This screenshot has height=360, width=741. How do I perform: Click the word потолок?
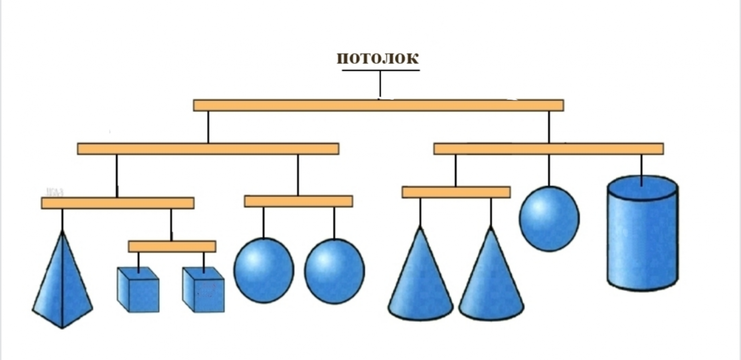tap(378, 58)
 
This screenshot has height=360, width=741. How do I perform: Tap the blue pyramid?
tap(62, 281)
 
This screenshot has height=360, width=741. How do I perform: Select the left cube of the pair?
tap(138, 291)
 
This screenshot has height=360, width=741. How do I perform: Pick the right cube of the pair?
tap(203, 291)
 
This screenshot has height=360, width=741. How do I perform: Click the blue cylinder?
tap(643, 241)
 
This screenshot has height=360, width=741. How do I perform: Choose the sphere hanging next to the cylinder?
tap(549, 219)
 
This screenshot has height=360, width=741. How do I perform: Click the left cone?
tap(421, 281)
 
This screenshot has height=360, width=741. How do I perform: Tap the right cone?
tap(491, 281)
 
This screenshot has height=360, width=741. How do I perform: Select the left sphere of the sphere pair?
tap(263, 270)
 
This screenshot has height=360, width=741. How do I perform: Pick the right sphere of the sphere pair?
tap(334, 271)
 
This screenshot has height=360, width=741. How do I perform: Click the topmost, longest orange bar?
tap(378, 105)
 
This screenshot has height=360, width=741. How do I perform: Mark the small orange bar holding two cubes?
tap(172, 246)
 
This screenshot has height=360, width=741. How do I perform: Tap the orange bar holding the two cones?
tap(456, 192)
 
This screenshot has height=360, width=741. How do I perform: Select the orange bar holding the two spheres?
tap(298, 201)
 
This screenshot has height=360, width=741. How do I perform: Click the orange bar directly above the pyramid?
tap(117, 203)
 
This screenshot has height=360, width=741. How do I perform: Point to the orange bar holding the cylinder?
tap(548, 149)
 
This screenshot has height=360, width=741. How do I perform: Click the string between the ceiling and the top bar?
tap(380, 84)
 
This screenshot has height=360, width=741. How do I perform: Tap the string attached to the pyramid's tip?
tap(62, 219)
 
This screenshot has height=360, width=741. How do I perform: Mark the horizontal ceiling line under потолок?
tap(381, 70)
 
